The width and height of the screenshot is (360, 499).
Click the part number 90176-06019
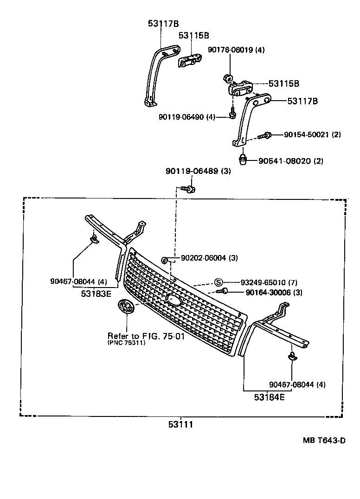click(x=230, y=50)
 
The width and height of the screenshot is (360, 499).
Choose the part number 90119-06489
click(x=192, y=171)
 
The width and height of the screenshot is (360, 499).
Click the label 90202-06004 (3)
click(x=209, y=258)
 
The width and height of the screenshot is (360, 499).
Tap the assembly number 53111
click(x=180, y=424)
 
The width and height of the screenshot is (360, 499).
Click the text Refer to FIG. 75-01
click(x=146, y=336)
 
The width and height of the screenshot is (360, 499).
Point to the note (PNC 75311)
click(x=126, y=343)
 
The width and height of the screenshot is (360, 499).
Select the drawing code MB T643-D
click(x=324, y=440)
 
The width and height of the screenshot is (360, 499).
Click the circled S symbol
click(x=219, y=282)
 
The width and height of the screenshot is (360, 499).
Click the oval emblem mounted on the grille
click(x=174, y=301)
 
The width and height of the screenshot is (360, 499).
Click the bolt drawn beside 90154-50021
click(x=266, y=135)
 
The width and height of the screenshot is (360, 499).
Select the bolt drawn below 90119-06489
click(x=188, y=189)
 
